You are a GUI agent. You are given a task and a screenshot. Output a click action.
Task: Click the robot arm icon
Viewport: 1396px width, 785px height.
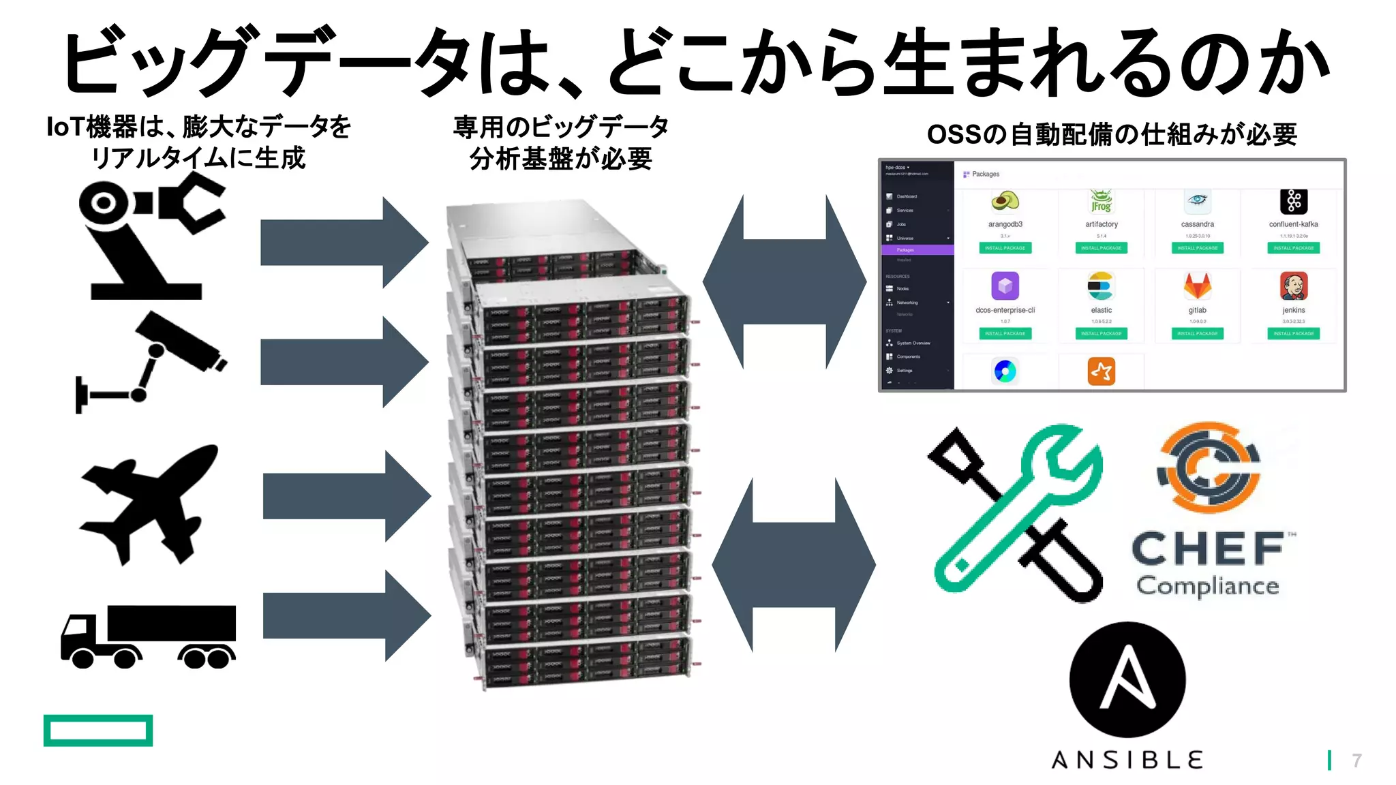[147, 235]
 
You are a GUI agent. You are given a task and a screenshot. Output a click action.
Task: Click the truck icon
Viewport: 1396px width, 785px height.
[149, 636]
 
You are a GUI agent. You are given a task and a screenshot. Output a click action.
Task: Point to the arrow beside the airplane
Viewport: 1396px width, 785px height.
[346, 496]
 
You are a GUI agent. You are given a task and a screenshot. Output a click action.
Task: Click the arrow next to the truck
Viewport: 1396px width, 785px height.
[346, 616]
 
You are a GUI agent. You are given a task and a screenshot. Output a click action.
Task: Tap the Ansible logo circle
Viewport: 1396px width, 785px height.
[1127, 679]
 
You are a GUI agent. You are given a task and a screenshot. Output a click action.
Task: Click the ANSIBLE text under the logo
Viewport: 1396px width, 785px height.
[1127, 760]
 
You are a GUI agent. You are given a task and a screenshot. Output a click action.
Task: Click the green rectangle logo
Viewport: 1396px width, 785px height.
[98, 730]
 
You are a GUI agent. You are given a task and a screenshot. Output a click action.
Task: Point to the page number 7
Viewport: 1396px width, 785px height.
[1356, 760]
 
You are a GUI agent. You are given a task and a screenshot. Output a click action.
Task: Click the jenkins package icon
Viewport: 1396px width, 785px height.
[1293, 286]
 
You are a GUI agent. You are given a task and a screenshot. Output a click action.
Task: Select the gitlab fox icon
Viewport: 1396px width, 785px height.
[1197, 286]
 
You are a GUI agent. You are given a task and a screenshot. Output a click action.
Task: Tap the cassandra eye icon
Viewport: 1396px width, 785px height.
[1197, 200]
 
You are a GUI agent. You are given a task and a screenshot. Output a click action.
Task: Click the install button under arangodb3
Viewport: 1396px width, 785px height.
[1005, 248]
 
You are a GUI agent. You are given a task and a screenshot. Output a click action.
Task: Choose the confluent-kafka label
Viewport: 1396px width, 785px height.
[1293, 224]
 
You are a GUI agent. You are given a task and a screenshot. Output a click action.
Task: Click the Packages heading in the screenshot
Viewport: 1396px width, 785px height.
[985, 174]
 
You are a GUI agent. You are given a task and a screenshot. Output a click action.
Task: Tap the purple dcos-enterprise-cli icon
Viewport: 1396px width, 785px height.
[1005, 286]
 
